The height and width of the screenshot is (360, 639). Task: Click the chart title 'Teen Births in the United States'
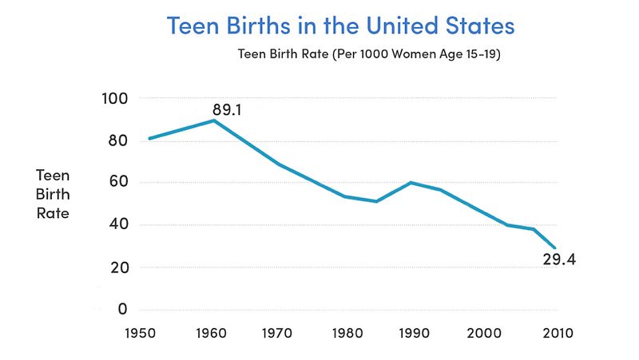341,26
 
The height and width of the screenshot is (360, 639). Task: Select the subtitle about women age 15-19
369,53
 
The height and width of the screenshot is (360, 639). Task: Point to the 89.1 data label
227,110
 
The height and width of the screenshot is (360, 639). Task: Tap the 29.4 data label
559,259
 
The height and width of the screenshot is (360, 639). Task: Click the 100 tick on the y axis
114,98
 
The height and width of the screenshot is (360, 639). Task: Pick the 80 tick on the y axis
117,140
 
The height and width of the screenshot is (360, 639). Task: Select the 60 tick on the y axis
117,181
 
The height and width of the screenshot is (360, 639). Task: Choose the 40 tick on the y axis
117,224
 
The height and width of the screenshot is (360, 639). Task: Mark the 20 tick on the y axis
119,267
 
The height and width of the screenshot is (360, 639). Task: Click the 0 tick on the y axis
123,309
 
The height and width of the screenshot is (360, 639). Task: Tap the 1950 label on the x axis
141,333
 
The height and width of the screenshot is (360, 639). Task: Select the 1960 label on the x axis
211,333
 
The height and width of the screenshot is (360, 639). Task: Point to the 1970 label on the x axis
277,333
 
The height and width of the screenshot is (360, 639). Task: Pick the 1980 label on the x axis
347,333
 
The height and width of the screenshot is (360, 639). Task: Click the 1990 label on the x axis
414,333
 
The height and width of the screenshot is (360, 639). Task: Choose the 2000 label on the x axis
484,333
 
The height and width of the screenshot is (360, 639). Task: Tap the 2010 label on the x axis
558,333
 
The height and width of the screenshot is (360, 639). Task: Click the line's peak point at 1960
214,121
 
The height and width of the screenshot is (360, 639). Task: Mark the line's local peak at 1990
411,183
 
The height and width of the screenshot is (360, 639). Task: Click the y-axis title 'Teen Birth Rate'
53,194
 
